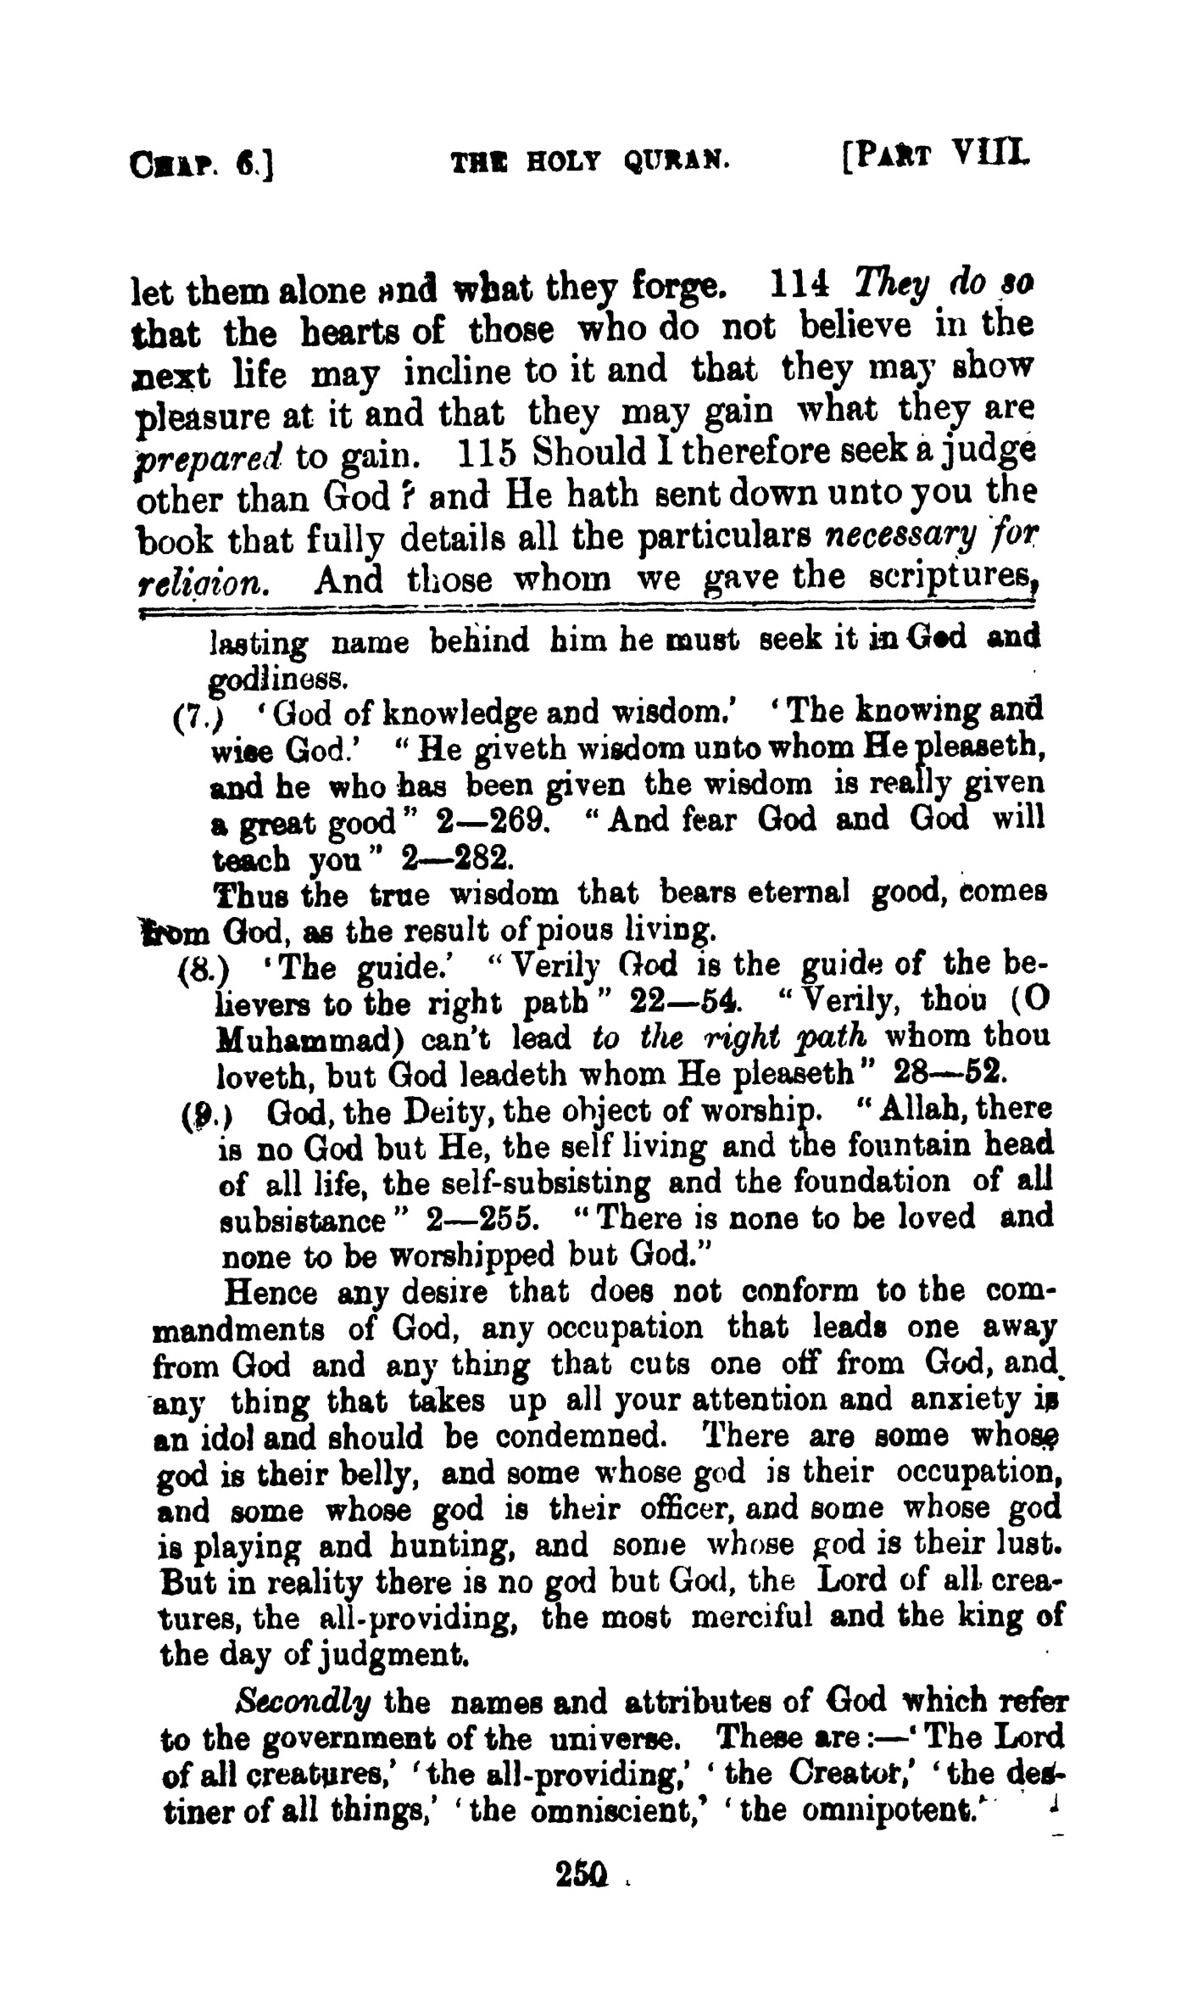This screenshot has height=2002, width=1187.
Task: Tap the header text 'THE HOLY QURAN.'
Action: pos(590,159)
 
